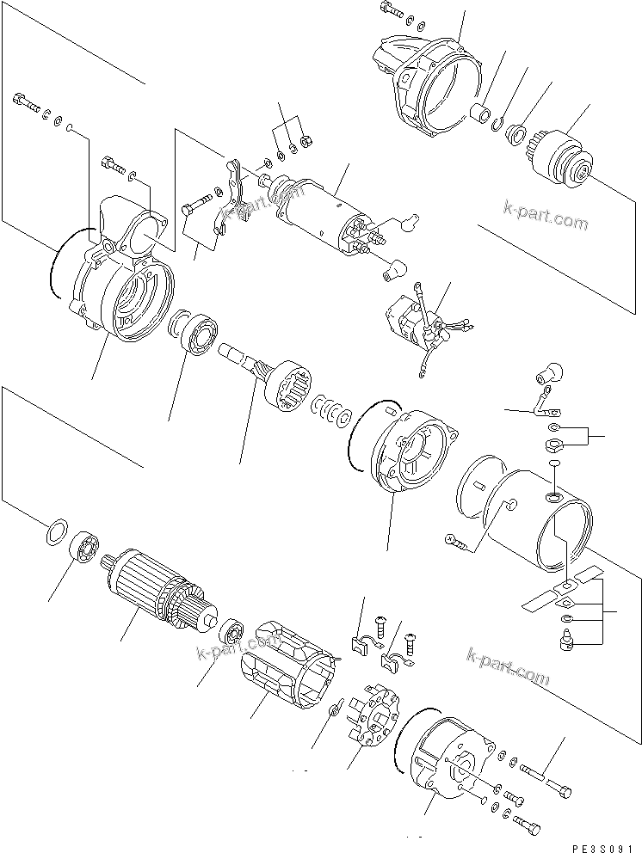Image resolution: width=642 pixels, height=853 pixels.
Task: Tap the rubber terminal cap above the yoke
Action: tap(549, 371)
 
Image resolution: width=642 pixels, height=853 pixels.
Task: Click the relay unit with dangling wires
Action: tap(417, 322)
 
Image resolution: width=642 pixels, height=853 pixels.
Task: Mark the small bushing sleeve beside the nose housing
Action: tap(483, 113)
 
